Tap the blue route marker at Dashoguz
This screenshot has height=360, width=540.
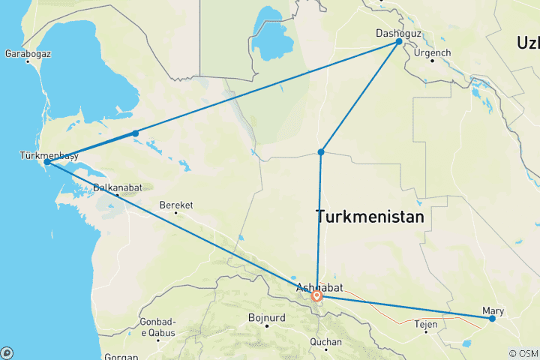tap(399, 42)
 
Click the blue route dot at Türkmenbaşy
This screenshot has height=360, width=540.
tap(46, 162)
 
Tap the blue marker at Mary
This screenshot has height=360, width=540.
tap(493, 319)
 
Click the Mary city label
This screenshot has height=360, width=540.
tap(494, 310)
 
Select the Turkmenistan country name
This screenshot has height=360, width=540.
tap(370, 217)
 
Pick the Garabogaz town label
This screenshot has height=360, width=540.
tap(28, 54)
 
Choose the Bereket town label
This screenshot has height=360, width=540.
tap(176, 205)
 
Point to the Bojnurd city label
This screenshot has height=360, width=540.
tap(267, 318)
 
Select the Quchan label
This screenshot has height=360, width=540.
tap(325, 342)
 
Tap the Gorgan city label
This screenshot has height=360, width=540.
tap(121, 357)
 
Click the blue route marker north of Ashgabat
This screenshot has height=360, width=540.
tap(321, 152)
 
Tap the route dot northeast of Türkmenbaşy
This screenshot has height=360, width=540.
tap(135, 133)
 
